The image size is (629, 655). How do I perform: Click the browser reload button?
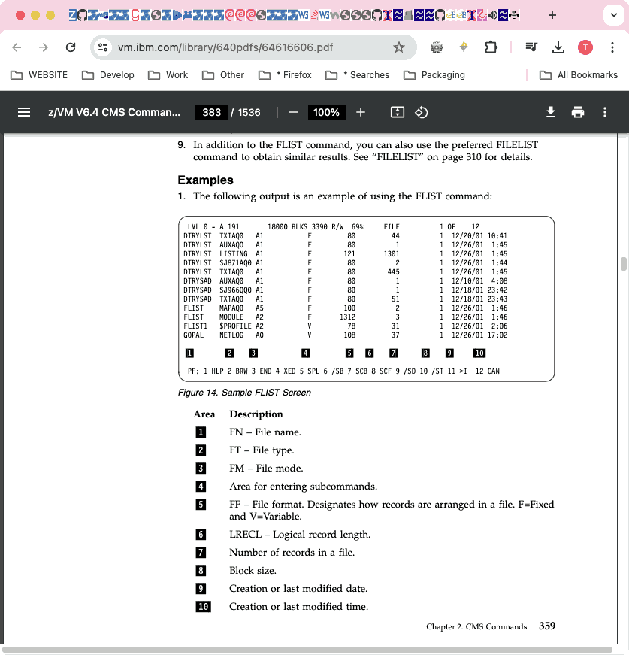(x=71, y=47)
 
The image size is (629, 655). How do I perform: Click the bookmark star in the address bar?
(x=399, y=47)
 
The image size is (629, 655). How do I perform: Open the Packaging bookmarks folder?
(x=434, y=75)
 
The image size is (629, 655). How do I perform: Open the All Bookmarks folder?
(x=579, y=75)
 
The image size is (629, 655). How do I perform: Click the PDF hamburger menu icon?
(x=24, y=112)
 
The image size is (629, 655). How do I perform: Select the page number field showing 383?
(x=212, y=112)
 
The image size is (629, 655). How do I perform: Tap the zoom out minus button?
(x=293, y=112)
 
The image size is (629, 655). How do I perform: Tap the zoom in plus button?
(x=361, y=112)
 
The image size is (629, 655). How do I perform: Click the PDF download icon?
(x=551, y=112)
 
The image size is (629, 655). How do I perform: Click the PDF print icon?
(x=578, y=112)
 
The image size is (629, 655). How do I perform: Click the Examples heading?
(x=205, y=180)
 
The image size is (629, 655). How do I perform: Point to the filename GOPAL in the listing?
(x=195, y=335)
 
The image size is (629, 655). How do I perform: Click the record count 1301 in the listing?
(x=391, y=254)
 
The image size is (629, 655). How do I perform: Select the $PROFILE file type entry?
(x=235, y=326)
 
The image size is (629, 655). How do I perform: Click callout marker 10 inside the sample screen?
(x=479, y=353)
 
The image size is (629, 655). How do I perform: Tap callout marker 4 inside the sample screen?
(x=305, y=353)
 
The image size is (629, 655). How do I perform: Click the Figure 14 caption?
(x=244, y=393)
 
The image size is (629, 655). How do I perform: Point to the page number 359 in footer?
(x=547, y=626)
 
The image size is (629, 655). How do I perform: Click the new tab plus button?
(x=552, y=15)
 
